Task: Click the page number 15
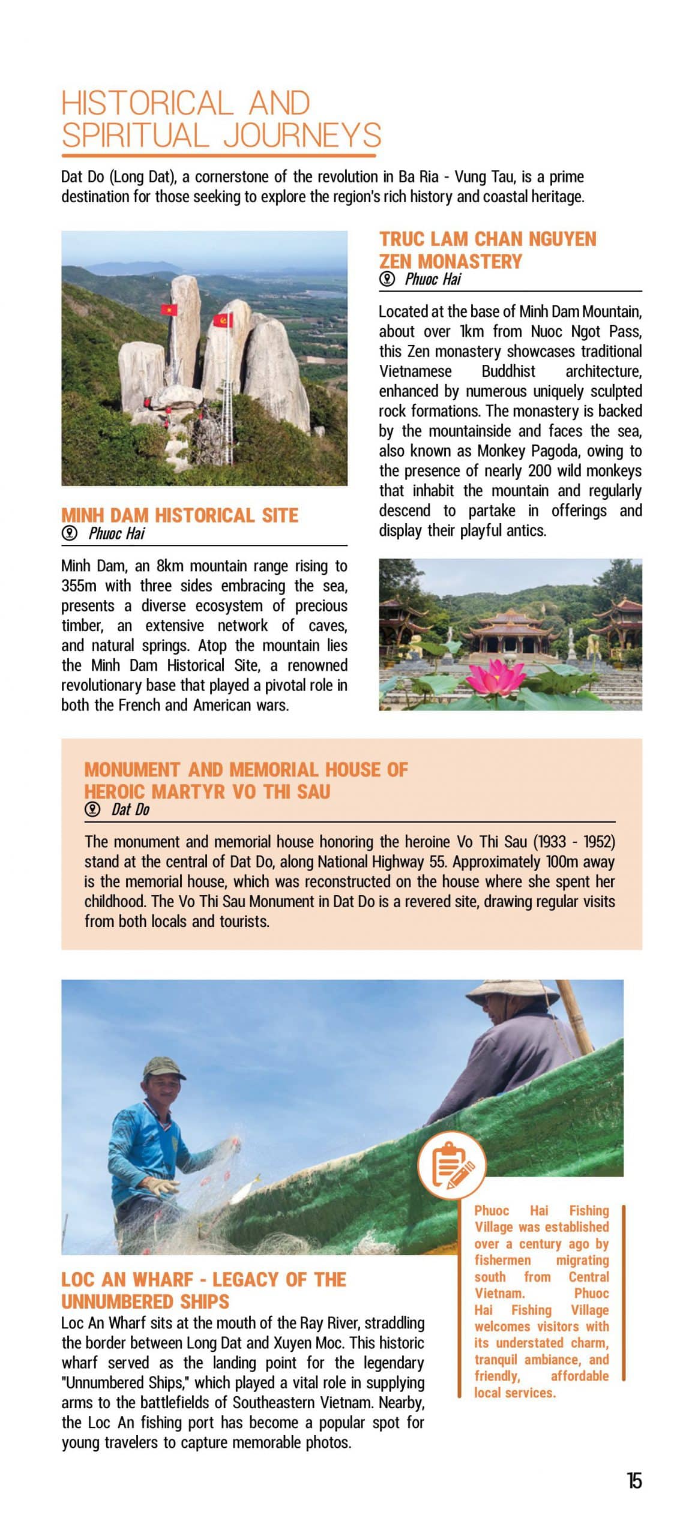(634, 1480)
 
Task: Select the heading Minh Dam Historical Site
(179, 515)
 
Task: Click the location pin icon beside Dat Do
(92, 809)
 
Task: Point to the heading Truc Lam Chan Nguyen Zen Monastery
(487, 250)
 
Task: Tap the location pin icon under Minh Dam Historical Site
(70, 533)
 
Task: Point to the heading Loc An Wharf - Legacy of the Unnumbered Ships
(203, 1290)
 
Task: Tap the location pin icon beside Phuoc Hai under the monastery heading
(387, 278)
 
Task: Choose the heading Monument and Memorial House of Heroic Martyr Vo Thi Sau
(245, 780)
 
